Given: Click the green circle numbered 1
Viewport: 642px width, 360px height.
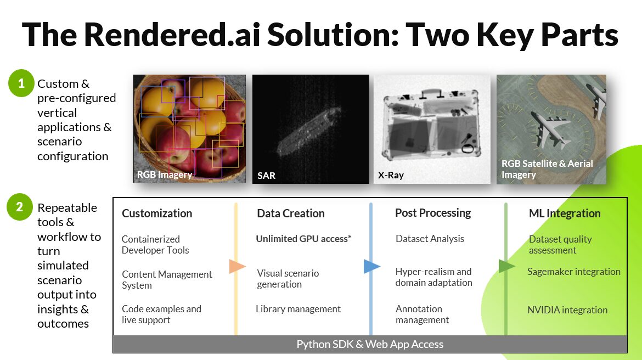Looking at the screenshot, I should (x=21, y=84).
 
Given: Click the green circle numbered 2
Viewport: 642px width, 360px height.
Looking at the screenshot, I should (x=20, y=207).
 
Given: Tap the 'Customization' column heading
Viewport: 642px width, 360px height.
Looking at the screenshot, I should (x=157, y=213).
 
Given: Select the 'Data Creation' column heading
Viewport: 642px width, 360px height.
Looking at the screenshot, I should (x=291, y=213).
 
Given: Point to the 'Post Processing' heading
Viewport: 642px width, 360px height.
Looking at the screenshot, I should (x=433, y=213).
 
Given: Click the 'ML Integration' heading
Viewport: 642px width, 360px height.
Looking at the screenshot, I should (x=565, y=213).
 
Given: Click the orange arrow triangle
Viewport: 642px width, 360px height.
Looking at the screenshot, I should (x=237, y=267).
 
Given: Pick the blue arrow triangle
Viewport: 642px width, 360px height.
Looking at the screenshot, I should (x=371, y=267).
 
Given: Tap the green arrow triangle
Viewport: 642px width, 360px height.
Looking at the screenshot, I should (x=506, y=266).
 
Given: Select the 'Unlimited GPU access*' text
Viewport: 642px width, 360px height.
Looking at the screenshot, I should (x=303, y=239).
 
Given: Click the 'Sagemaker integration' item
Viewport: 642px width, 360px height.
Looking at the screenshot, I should (x=574, y=272).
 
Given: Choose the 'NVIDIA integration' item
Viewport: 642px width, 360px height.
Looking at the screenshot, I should (x=567, y=310).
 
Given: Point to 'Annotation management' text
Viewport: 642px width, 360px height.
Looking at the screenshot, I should (x=422, y=314).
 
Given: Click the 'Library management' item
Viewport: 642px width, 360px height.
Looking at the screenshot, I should (x=298, y=309).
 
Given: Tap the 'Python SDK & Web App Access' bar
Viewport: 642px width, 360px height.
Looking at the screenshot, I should (x=370, y=344).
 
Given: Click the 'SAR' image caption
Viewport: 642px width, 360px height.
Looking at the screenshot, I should (x=266, y=176).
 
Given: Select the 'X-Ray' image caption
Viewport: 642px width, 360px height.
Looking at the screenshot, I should (x=391, y=176).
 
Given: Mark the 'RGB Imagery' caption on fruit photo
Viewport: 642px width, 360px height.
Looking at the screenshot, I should (x=165, y=175).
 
